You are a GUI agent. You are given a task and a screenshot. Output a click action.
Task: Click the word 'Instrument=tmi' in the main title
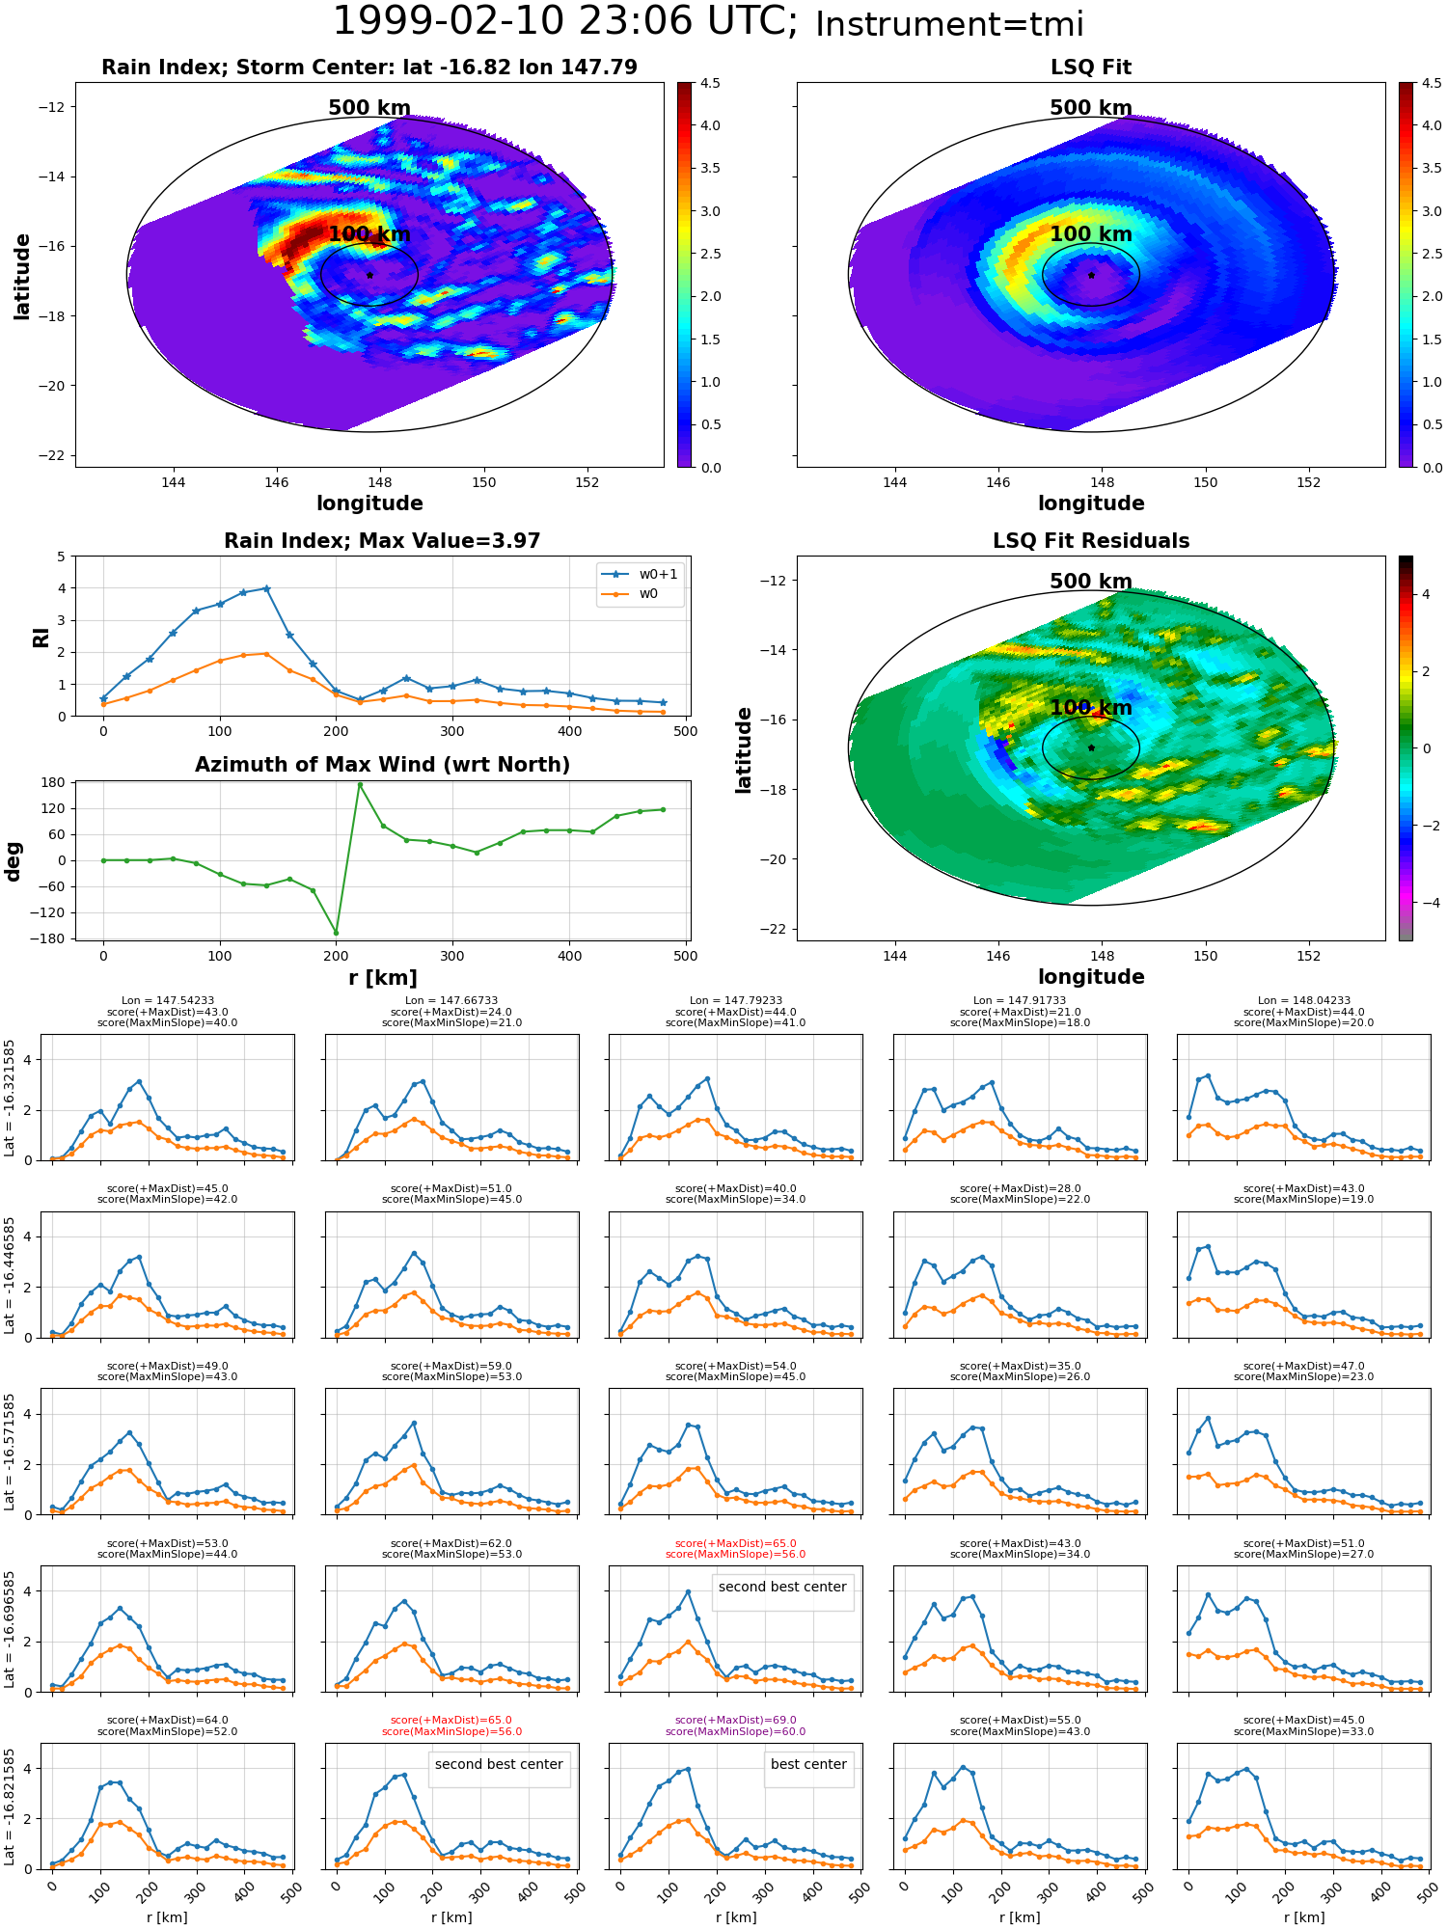pyautogui.click(x=949, y=24)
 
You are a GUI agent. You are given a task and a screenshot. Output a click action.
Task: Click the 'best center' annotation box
pyautogui.click(x=808, y=1764)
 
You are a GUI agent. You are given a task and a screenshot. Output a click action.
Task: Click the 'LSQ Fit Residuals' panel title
pyautogui.click(x=1091, y=541)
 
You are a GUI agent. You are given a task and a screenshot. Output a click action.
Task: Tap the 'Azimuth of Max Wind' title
pyautogui.click(x=382, y=765)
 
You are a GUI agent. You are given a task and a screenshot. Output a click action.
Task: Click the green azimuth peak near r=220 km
pyautogui.click(x=360, y=784)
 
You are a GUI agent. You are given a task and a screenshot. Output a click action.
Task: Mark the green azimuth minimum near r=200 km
pyautogui.click(x=337, y=933)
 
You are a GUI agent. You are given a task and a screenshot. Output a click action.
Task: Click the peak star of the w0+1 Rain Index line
pyautogui.click(x=266, y=588)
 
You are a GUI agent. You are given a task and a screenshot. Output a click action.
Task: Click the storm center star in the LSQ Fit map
pyautogui.click(x=1091, y=275)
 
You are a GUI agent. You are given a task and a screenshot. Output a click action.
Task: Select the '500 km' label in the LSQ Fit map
pyautogui.click(x=1091, y=108)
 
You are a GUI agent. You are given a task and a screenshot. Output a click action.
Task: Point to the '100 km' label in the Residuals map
pyautogui.click(x=1091, y=708)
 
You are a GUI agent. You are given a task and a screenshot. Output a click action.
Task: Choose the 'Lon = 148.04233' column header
pyautogui.click(x=1303, y=1001)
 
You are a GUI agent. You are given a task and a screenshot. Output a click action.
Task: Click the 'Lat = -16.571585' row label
pyautogui.click(x=11, y=1452)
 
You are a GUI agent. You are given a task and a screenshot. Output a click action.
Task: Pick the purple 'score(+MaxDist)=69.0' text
pyautogui.click(x=736, y=1720)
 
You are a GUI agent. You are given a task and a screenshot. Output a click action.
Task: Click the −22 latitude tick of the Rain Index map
pyautogui.click(x=52, y=455)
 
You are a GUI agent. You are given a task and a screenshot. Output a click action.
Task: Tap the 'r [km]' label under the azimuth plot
pyautogui.click(x=382, y=978)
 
